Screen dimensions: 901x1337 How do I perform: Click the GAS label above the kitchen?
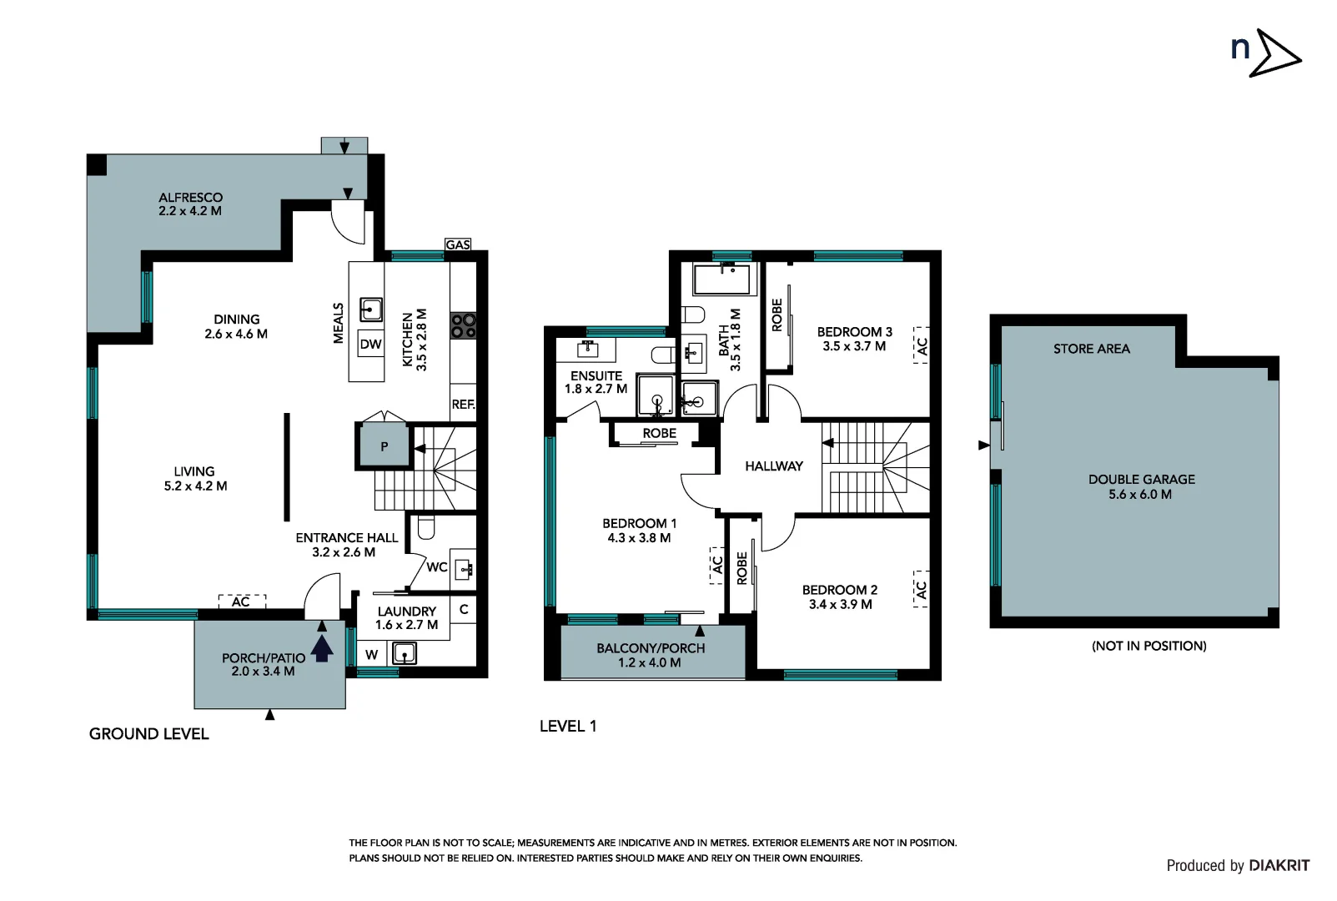(458, 244)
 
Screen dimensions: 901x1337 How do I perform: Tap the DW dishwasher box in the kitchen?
(370, 344)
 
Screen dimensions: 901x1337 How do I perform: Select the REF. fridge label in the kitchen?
(463, 405)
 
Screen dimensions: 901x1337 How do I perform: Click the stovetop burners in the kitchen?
(464, 325)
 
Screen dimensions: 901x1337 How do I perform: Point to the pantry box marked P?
(384, 446)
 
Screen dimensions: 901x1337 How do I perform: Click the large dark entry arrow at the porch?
(323, 647)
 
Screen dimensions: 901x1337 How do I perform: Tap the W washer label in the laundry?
(372, 654)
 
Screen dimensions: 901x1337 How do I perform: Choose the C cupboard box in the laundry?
(464, 610)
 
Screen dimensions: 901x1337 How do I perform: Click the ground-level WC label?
(437, 567)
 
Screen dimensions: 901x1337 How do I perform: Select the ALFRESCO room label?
(191, 198)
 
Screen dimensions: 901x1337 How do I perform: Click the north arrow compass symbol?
(1266, 53)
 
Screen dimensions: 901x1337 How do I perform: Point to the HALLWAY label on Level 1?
(774, 466)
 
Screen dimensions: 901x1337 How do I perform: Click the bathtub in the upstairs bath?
(722, 279)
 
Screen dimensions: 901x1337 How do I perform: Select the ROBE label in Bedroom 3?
(777, 315)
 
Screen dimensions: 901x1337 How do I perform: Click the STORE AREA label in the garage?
(1091, 349)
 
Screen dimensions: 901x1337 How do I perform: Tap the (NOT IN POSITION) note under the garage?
(1149, 646)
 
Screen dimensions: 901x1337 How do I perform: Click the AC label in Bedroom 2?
(921, 590)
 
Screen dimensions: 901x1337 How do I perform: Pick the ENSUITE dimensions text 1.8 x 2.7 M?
(596, 389)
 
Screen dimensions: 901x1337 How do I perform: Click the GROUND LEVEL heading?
(149, 734)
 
